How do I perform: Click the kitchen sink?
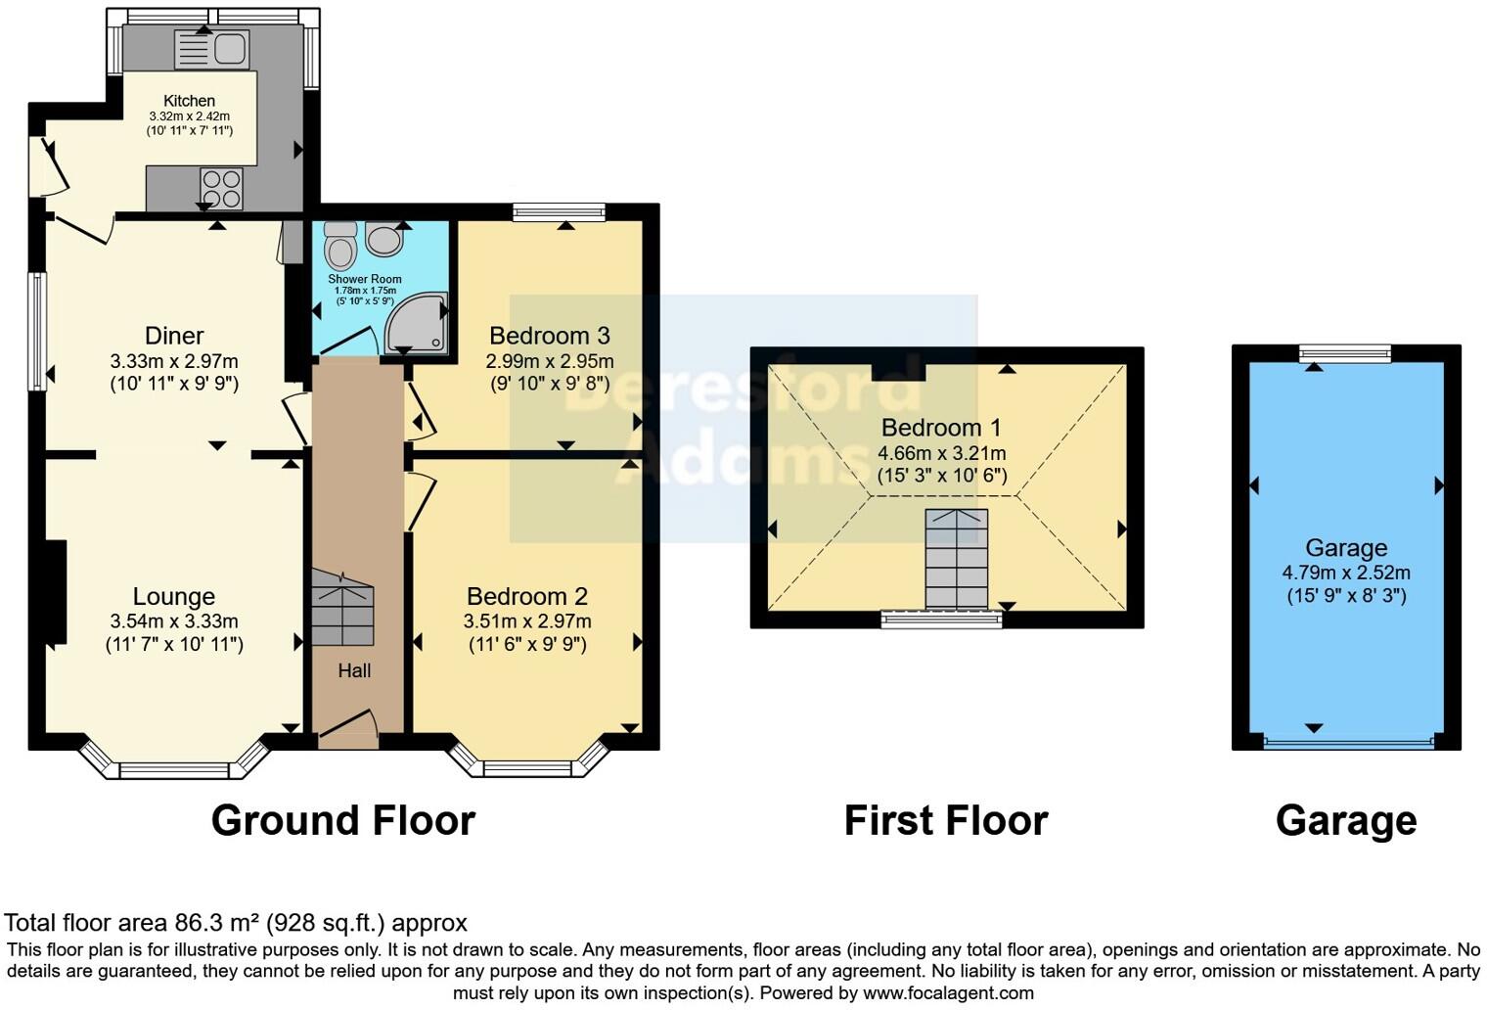tap(212, 49)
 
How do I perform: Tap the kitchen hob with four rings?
tap(221, 188)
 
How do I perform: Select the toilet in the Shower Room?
tap(340, 246)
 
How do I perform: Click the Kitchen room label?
tap(189, 101)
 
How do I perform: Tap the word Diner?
tap(174, 336)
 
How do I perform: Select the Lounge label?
tap(174, 596)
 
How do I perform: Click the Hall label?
tap(354, 670)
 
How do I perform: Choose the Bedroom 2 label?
tap(527, 596)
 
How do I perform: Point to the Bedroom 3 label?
tap(550, 336)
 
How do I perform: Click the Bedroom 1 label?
tap(941, 428)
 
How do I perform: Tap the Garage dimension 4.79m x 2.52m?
tap(1346, 573)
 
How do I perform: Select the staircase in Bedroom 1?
tap(956, 559)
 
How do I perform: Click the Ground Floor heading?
tap(342, 820)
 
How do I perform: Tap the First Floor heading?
tap(945, 820)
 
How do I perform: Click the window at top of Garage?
tap(1345, 354)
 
